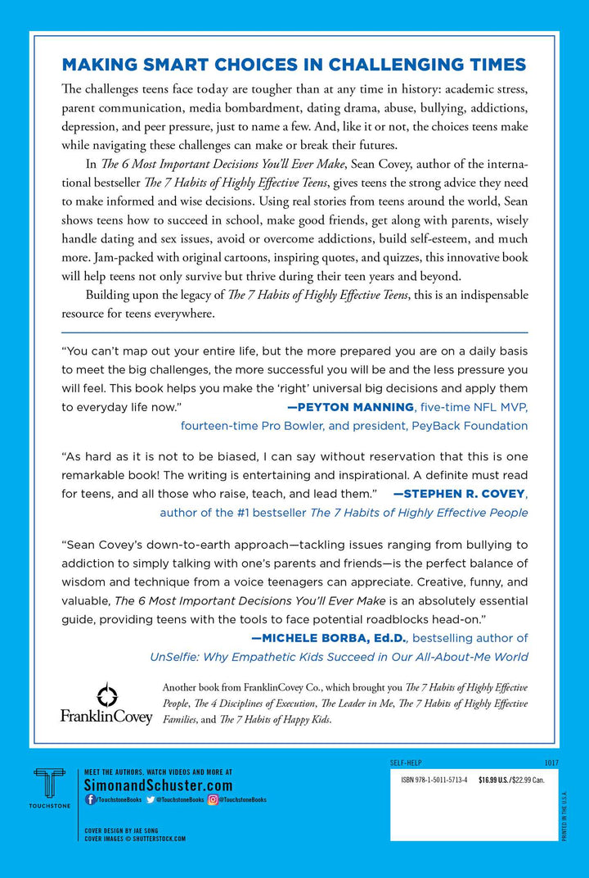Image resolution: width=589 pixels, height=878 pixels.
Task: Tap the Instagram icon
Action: tap(213, 799)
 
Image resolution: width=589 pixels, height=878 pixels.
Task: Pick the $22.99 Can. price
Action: tap(536, 781)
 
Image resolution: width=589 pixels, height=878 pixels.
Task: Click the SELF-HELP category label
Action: tap(407, 763)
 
